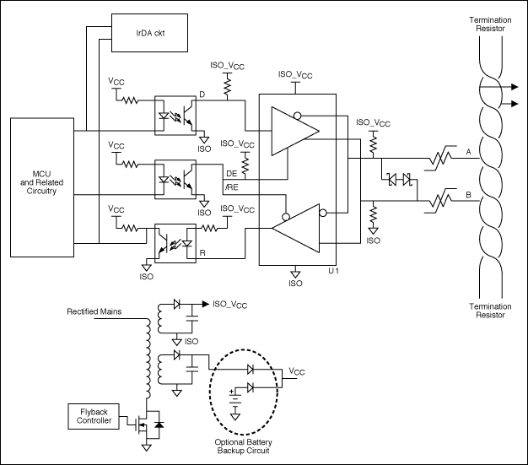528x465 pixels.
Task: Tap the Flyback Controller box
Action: point(89,414)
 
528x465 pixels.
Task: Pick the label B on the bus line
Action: point(468,197)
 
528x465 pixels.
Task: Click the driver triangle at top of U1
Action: point(293,130)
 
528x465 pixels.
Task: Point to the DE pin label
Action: point(230,173)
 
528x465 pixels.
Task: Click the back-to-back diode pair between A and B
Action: point(397,180)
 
